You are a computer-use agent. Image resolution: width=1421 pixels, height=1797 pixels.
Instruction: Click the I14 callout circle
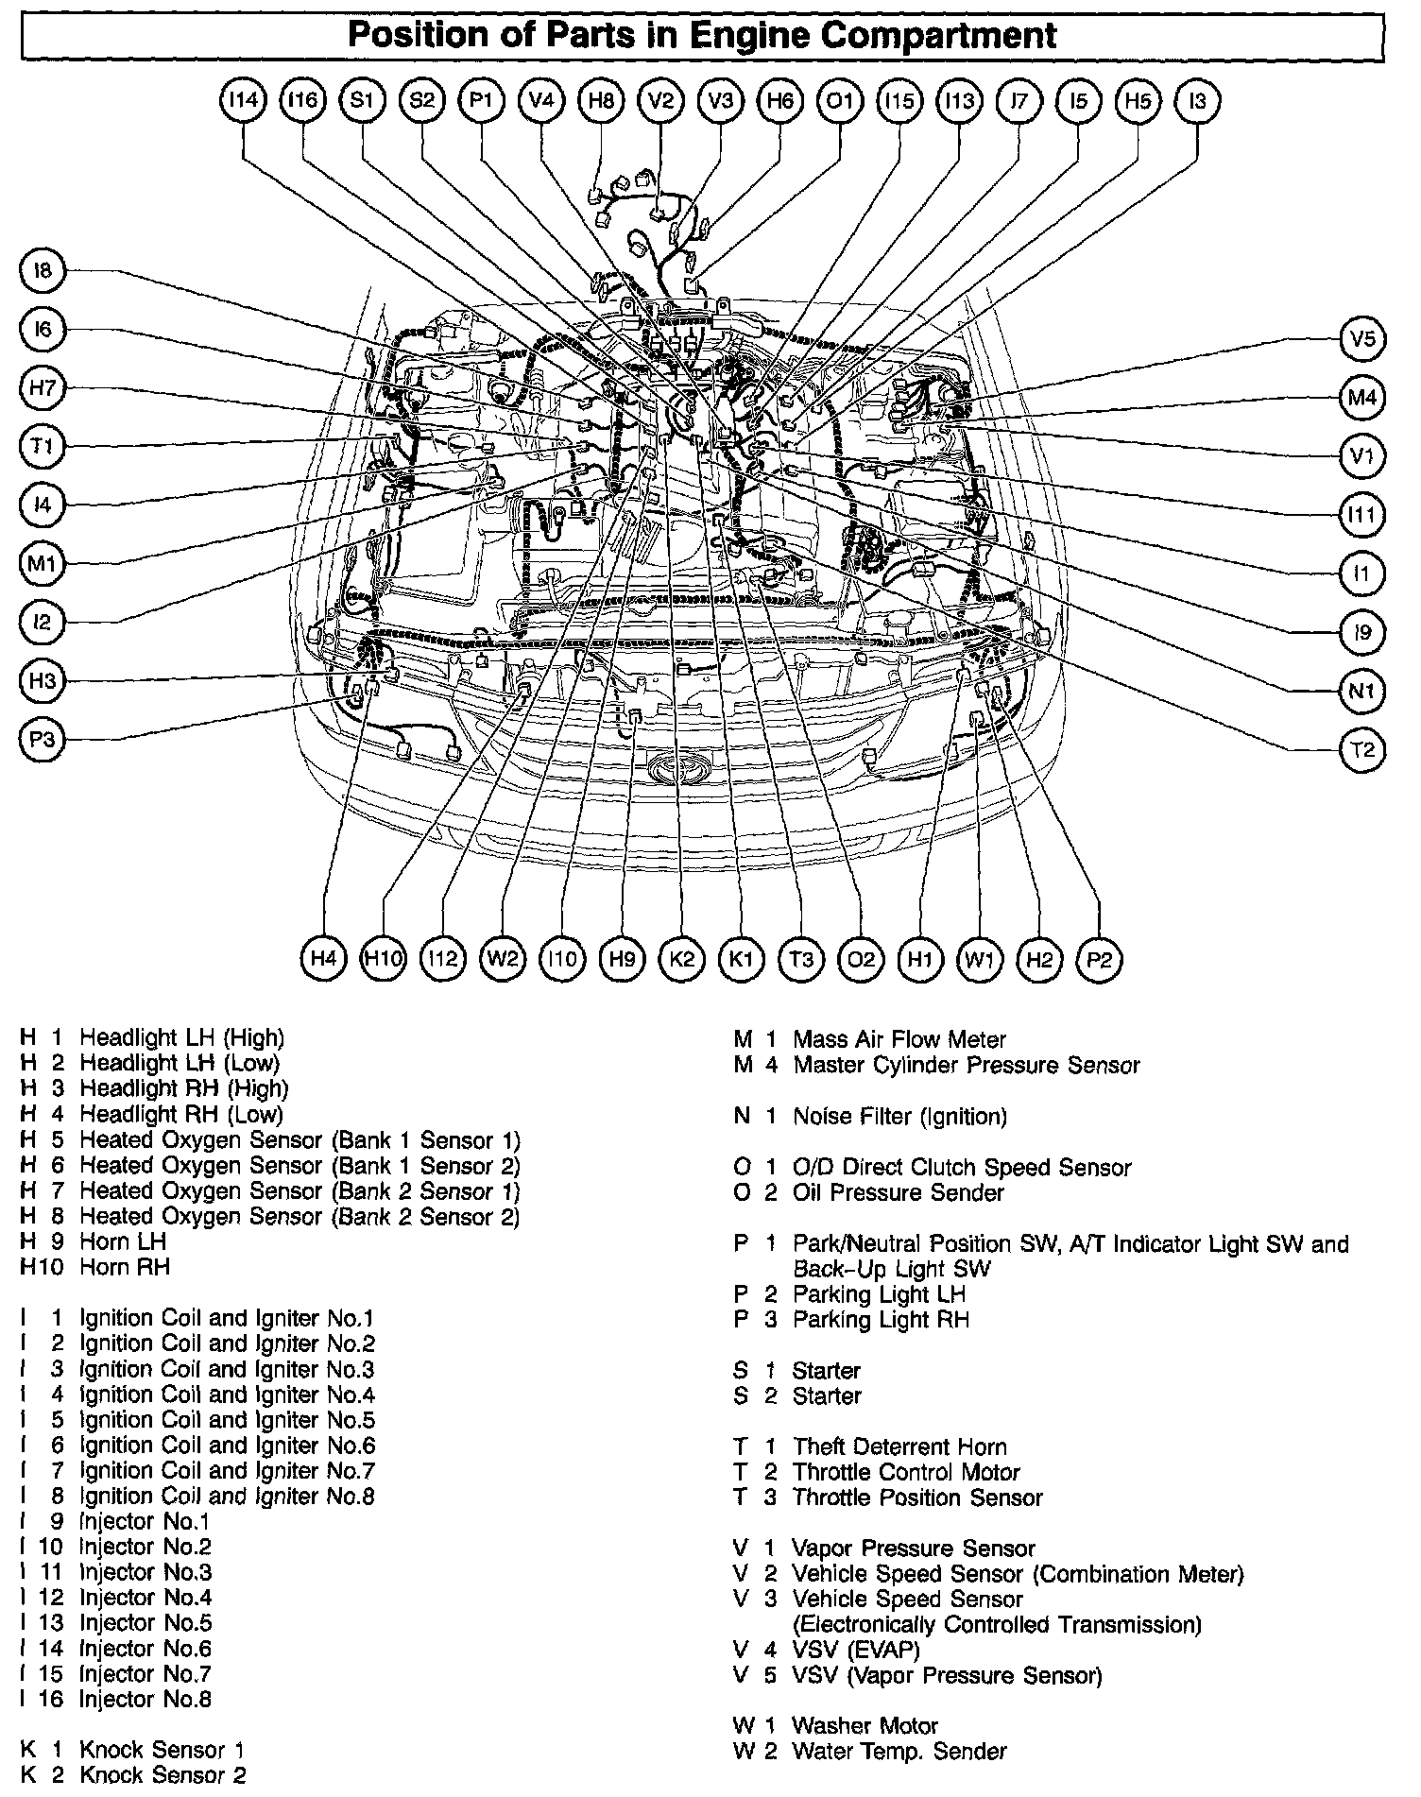coord(244,100)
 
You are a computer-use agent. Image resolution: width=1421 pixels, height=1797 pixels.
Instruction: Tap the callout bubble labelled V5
coord(1362,339)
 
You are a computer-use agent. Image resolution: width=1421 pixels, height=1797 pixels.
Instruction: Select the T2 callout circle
coord(1362,750)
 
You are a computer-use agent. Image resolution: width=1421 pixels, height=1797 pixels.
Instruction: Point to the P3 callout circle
coord(43,740)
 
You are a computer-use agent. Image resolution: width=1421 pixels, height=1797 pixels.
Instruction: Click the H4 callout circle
coord(323,959)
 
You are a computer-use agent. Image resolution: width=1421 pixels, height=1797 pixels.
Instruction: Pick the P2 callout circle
coord(1099,960)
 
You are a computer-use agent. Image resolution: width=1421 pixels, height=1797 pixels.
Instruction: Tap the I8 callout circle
coord(43,271)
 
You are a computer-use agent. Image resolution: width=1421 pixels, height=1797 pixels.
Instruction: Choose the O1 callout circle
coord(839,100)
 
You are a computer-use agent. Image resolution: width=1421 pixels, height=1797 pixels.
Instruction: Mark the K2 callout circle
coord(681,960)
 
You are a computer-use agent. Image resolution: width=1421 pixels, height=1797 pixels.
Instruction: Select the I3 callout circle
coord(1197,100)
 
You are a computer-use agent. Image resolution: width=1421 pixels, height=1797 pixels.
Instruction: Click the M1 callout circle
coord(43,564)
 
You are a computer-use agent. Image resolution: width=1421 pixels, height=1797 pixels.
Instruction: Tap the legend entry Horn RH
coord(124,1267)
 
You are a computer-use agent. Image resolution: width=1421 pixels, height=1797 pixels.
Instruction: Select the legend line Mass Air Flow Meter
coord(899,1040)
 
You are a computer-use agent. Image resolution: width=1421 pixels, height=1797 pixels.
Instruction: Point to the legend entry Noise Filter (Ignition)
coord(899,1117)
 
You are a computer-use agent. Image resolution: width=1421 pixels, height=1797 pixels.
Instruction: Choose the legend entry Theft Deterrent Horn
coord(899,1446)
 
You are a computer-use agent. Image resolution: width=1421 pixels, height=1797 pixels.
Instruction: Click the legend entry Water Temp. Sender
coord(899,1751)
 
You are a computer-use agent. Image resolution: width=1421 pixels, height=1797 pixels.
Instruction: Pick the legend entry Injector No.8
coord(145,1700)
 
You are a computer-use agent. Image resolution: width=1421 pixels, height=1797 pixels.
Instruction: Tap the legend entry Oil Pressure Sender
coord(898,1192)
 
